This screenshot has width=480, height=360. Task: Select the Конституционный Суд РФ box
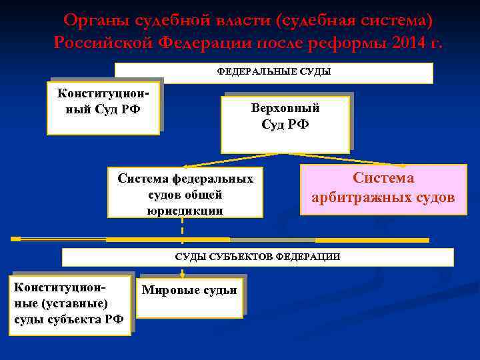(103, 107)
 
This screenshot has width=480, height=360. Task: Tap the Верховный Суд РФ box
(285, 123)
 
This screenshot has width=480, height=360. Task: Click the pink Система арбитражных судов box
(383, 189)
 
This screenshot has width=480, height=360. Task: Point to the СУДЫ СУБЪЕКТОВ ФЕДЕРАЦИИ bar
(257, 257)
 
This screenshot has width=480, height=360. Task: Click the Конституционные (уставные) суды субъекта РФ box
(69, 304)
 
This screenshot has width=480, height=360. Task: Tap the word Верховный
(285, 108)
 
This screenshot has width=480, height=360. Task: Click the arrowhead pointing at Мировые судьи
(182, 273)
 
